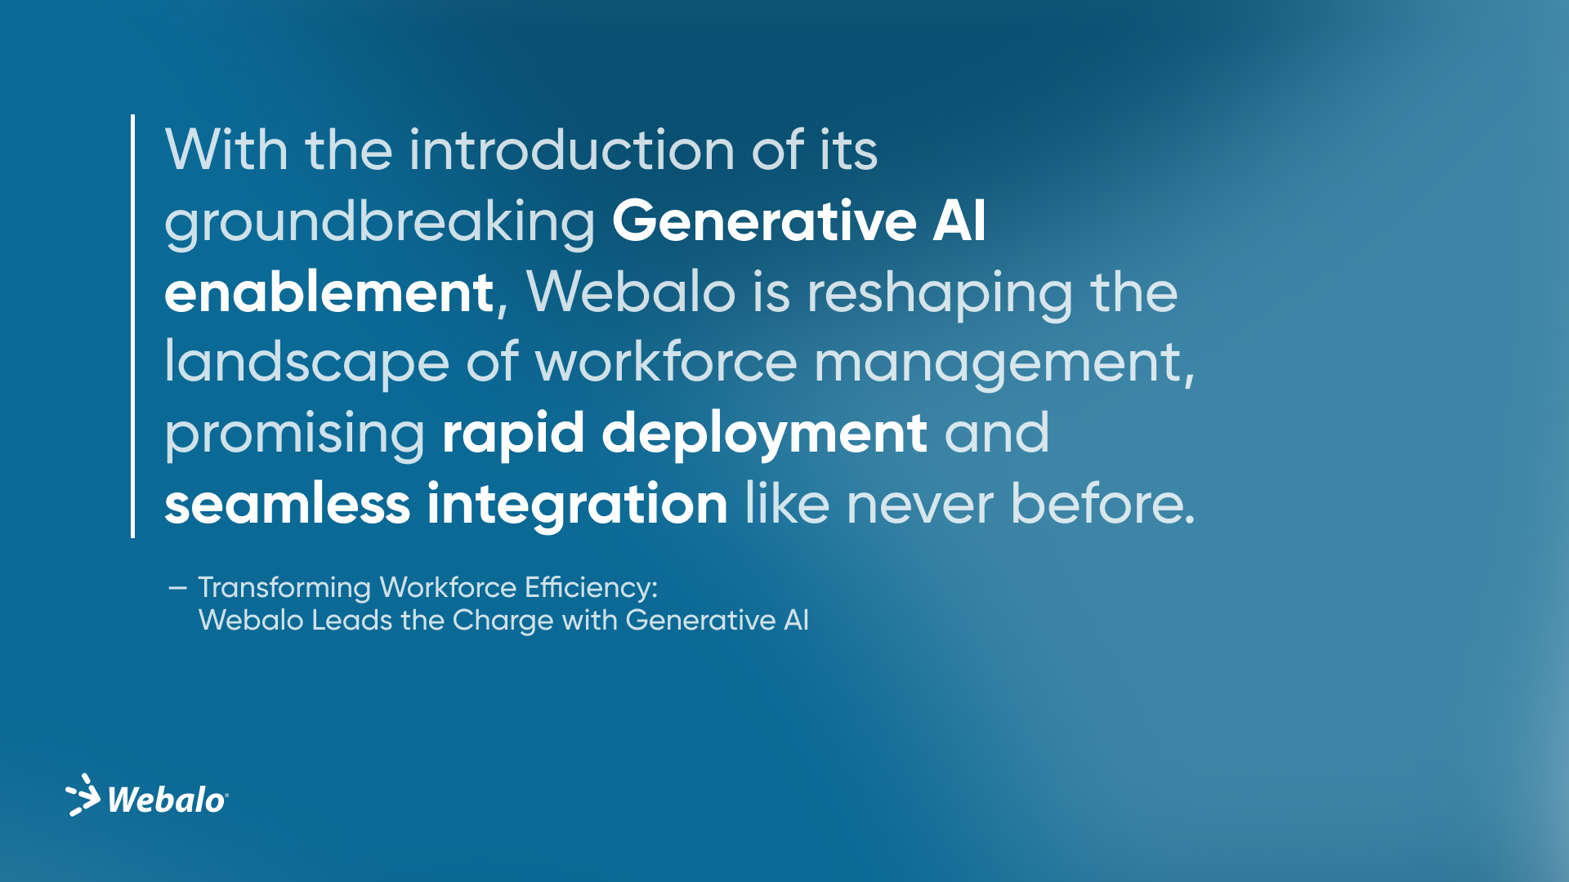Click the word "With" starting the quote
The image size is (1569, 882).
click(226, 150)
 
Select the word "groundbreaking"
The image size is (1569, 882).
click(379, 221)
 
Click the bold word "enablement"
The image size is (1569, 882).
click(329, 292)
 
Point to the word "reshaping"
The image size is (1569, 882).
click(939, 292)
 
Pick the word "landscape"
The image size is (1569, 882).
click(306, 363)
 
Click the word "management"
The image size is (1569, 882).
click(998, 363)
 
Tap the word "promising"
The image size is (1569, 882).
click(294, 434)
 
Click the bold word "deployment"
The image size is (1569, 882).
click(764, 434)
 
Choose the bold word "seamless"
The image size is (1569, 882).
click(287, 504)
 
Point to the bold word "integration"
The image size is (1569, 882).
click(577, 504)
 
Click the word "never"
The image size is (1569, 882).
click(919, 504)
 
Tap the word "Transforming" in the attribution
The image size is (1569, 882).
click(284, 588)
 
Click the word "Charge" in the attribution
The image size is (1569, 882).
click(503, 621)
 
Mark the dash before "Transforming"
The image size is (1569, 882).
click(177, 588)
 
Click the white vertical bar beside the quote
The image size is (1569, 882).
click(132, 326)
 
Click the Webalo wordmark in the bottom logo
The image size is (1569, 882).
click(166, 800)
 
